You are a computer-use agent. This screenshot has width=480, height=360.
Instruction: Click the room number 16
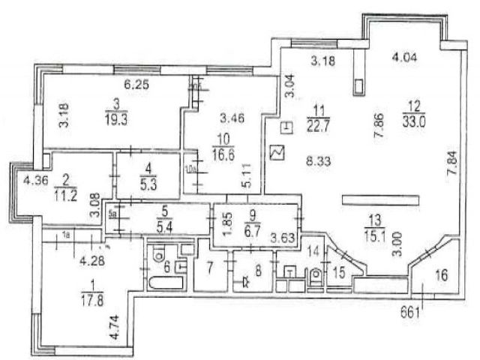tap(441, 276)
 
